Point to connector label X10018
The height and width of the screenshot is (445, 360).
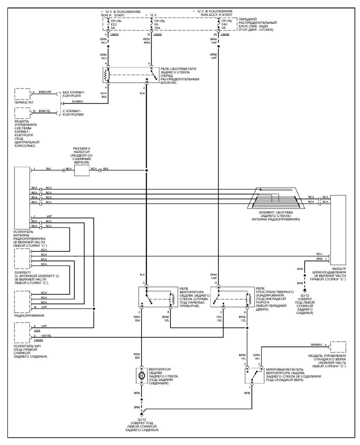point(225,35)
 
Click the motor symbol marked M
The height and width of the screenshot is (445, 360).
point(141,375)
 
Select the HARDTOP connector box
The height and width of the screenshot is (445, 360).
point(82,170)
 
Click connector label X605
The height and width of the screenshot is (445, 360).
point(37,331)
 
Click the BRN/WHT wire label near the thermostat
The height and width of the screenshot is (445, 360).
point(45,92)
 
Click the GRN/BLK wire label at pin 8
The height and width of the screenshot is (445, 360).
point(317,345)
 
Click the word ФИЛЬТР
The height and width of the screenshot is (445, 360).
point(339,269)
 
